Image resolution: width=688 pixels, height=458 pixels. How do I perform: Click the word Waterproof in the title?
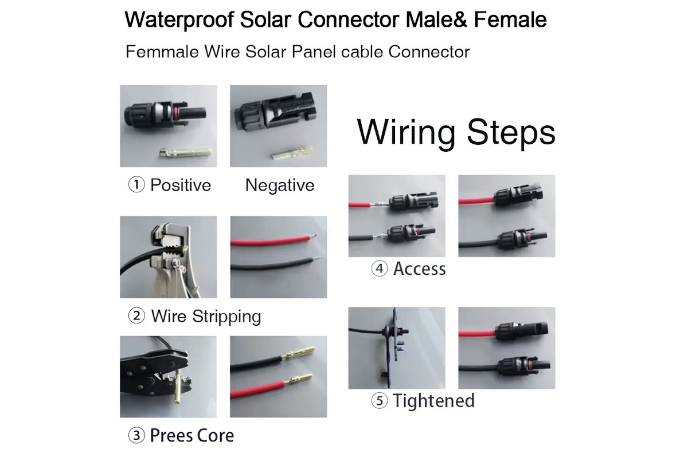pyautogui.click(x=179, y=20)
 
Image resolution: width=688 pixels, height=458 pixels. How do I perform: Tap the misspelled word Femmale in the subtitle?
pyautogui.click(x=162, y=52)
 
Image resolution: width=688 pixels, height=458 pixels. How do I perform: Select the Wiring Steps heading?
pyautogui.click(x=456, y=133)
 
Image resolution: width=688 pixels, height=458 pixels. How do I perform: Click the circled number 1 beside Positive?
pyautogui.click(x=136, y=185)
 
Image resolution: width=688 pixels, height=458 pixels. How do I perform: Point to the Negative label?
pyautogui.click(x=280, y=185)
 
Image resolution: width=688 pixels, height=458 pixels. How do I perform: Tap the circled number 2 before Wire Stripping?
pyautogui.click(x=136, y=316)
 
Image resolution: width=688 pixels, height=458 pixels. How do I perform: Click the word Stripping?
pyautogui.click(x=226, y=316)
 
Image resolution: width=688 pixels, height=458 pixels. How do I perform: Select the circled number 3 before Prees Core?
pyautogui.click(x=136, y=436)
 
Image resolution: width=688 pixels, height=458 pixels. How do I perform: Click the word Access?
pyautogui.click(x=420, y=269)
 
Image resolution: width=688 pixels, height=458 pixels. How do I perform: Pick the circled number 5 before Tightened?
pyautogui.click(x=380, y=401)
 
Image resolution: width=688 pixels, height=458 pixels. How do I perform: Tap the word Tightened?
pyautogui.click(x=433, y=401)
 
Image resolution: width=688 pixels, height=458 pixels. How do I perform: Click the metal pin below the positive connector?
pyautogui.click(x=185, y=152)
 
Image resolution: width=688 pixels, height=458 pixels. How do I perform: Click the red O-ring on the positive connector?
pyautogui.click(x=175, y=113)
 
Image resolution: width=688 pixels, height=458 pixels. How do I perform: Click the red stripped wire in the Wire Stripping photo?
pyautogui.click(x=273, y=240)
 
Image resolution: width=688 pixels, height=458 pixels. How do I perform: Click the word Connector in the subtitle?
pyautogui.click(x=429, y=52)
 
